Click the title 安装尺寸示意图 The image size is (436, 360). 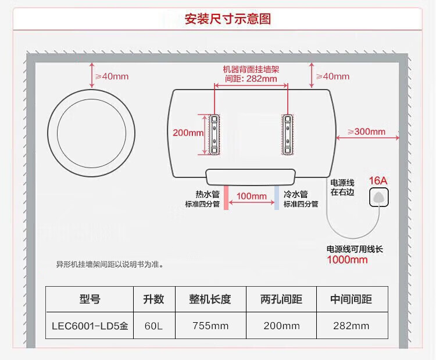228,19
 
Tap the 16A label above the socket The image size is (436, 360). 378,180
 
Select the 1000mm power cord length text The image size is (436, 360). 347,260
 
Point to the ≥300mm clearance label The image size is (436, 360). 367,131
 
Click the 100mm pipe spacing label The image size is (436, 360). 251,196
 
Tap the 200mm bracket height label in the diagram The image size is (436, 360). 188,133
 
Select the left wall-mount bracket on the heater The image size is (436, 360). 215,134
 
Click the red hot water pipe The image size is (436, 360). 224,198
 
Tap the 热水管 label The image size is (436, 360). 207,194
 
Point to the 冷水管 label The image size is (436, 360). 295,194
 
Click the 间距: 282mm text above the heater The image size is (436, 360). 251,79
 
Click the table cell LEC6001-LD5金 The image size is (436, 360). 89,326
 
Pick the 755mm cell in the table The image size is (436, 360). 210,326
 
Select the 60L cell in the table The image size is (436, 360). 153,326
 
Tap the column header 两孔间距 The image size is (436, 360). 281,300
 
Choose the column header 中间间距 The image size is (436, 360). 351,300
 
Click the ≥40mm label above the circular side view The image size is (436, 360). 113,76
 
